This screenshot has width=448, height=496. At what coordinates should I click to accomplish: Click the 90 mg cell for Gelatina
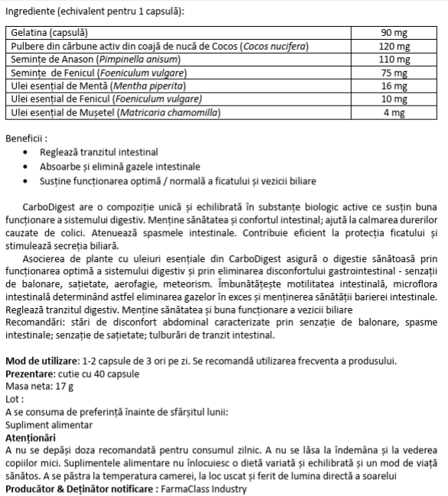point(394,34)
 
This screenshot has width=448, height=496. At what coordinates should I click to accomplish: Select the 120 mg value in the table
point(394,47)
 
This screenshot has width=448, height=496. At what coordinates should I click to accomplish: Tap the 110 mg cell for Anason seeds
point(394,60)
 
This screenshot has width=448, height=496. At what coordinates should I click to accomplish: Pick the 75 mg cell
point(394,73)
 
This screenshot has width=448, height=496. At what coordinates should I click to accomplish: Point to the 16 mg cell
point(394,87)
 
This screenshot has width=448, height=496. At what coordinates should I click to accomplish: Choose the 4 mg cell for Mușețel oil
point(394,113)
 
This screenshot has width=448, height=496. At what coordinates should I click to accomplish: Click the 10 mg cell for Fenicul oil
point(394,100)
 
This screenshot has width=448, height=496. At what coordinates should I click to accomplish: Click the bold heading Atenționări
point(31,438)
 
